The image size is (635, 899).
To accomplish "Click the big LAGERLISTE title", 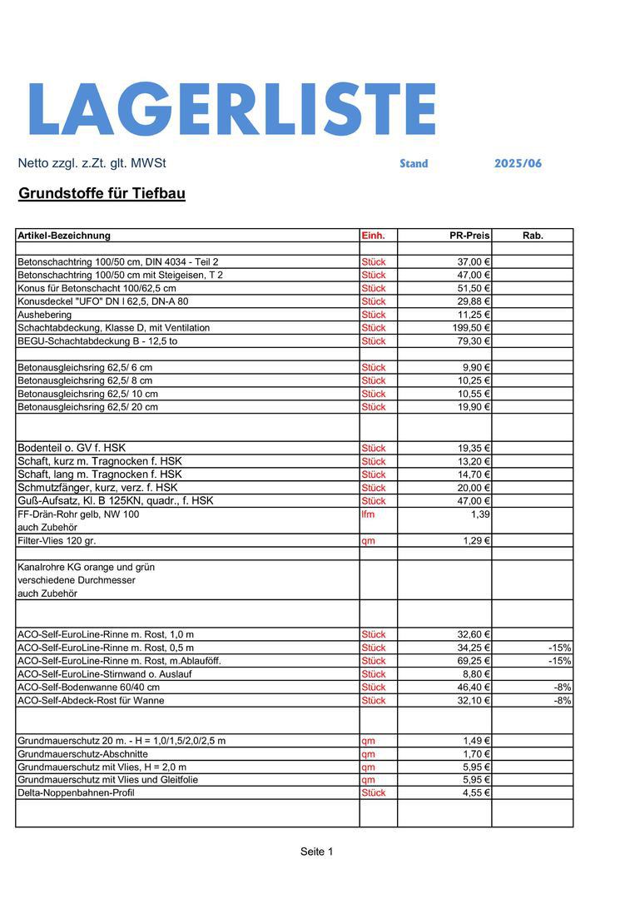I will point(231,109).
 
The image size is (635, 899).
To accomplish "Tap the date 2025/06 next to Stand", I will point(518,164).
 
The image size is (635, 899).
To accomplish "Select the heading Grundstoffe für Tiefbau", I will point(102,194).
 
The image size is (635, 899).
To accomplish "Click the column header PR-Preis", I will point(469,236).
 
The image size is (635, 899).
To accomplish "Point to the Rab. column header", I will point(533,236).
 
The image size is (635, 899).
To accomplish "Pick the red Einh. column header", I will point(374,236).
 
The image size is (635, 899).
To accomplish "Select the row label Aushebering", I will point(45,315).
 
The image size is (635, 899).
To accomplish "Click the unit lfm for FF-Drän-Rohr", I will point(369,514).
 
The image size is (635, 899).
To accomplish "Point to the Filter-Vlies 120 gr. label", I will point(57,541).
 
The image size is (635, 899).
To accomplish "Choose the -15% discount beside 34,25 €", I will point(559,648).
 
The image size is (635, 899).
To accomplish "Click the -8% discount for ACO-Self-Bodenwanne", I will point(563,688).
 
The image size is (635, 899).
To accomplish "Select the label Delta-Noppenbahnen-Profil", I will point(76,793).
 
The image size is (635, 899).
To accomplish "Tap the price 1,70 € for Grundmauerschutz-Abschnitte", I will point(476,754).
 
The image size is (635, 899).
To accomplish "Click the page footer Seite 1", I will point(316,852).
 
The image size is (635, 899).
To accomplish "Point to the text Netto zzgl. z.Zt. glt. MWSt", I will point(92,164).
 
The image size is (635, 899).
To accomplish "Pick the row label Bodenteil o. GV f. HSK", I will point(72,448).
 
